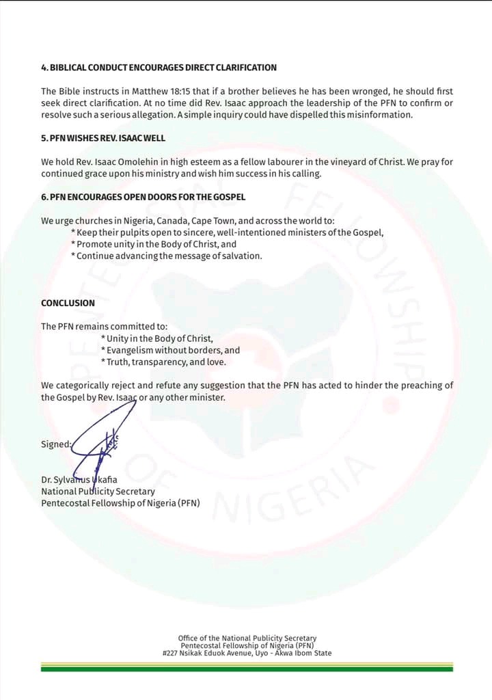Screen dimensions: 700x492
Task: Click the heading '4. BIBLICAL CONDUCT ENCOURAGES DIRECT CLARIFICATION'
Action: tap(159, 68)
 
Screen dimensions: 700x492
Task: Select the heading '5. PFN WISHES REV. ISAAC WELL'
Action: tap(103, 138)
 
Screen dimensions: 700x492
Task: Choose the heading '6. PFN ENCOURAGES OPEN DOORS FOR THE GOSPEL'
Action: tap(143, 198)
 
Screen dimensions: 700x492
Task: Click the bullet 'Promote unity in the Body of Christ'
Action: tap(156, 244)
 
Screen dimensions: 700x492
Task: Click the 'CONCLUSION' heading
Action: tap(68, 303)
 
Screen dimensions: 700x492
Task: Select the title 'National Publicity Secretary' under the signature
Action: tap(98, 492)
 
